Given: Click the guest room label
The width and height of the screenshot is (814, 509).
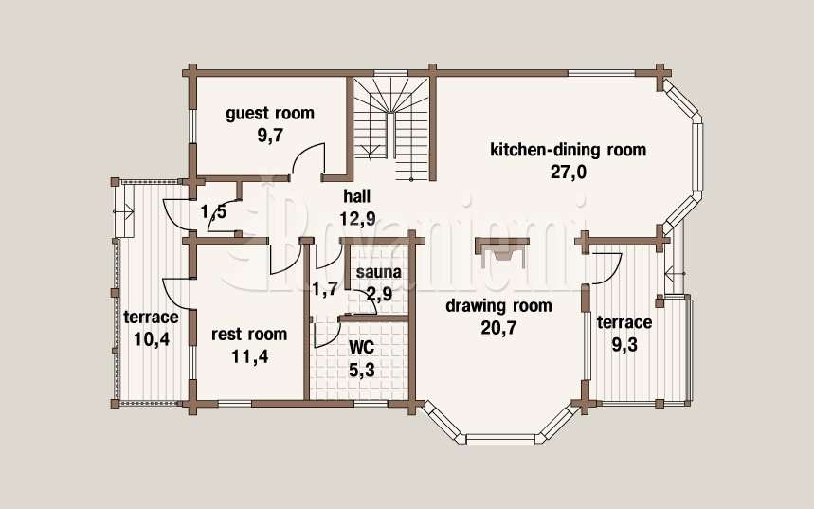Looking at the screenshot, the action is [x=270, y=113].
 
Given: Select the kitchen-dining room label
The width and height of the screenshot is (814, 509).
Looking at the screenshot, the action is [x=569, y=150].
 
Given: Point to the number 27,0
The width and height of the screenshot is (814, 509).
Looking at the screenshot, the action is [x=568, y=172].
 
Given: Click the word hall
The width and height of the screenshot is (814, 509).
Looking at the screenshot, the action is [x=357, y=196].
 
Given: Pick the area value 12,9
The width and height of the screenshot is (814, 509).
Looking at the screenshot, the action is [x=357, y=218].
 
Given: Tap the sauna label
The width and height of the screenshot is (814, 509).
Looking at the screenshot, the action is [x=378, y=272].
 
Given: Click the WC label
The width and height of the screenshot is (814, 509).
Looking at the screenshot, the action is [x=362, y=347].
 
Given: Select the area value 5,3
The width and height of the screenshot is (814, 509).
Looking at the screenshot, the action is [x=361, y=371].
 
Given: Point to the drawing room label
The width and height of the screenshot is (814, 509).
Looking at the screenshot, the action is [x=498, y=306].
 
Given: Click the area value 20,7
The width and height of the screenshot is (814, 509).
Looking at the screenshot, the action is [x=498, y=328].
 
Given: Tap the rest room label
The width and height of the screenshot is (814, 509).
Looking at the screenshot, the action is [x=249, y=334].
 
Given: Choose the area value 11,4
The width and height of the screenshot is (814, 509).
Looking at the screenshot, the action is [x=250, y=356].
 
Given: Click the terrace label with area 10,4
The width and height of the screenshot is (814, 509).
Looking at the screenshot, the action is [x=151, y=317].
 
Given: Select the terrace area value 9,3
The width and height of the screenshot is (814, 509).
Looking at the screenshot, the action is [x=624, y=344].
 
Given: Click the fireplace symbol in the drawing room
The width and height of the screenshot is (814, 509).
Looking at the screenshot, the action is [x=502, y=251].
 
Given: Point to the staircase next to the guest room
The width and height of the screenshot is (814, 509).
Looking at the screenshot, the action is [x=392, y=129].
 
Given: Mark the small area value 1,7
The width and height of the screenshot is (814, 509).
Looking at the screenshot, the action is [x=324, y=289].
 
